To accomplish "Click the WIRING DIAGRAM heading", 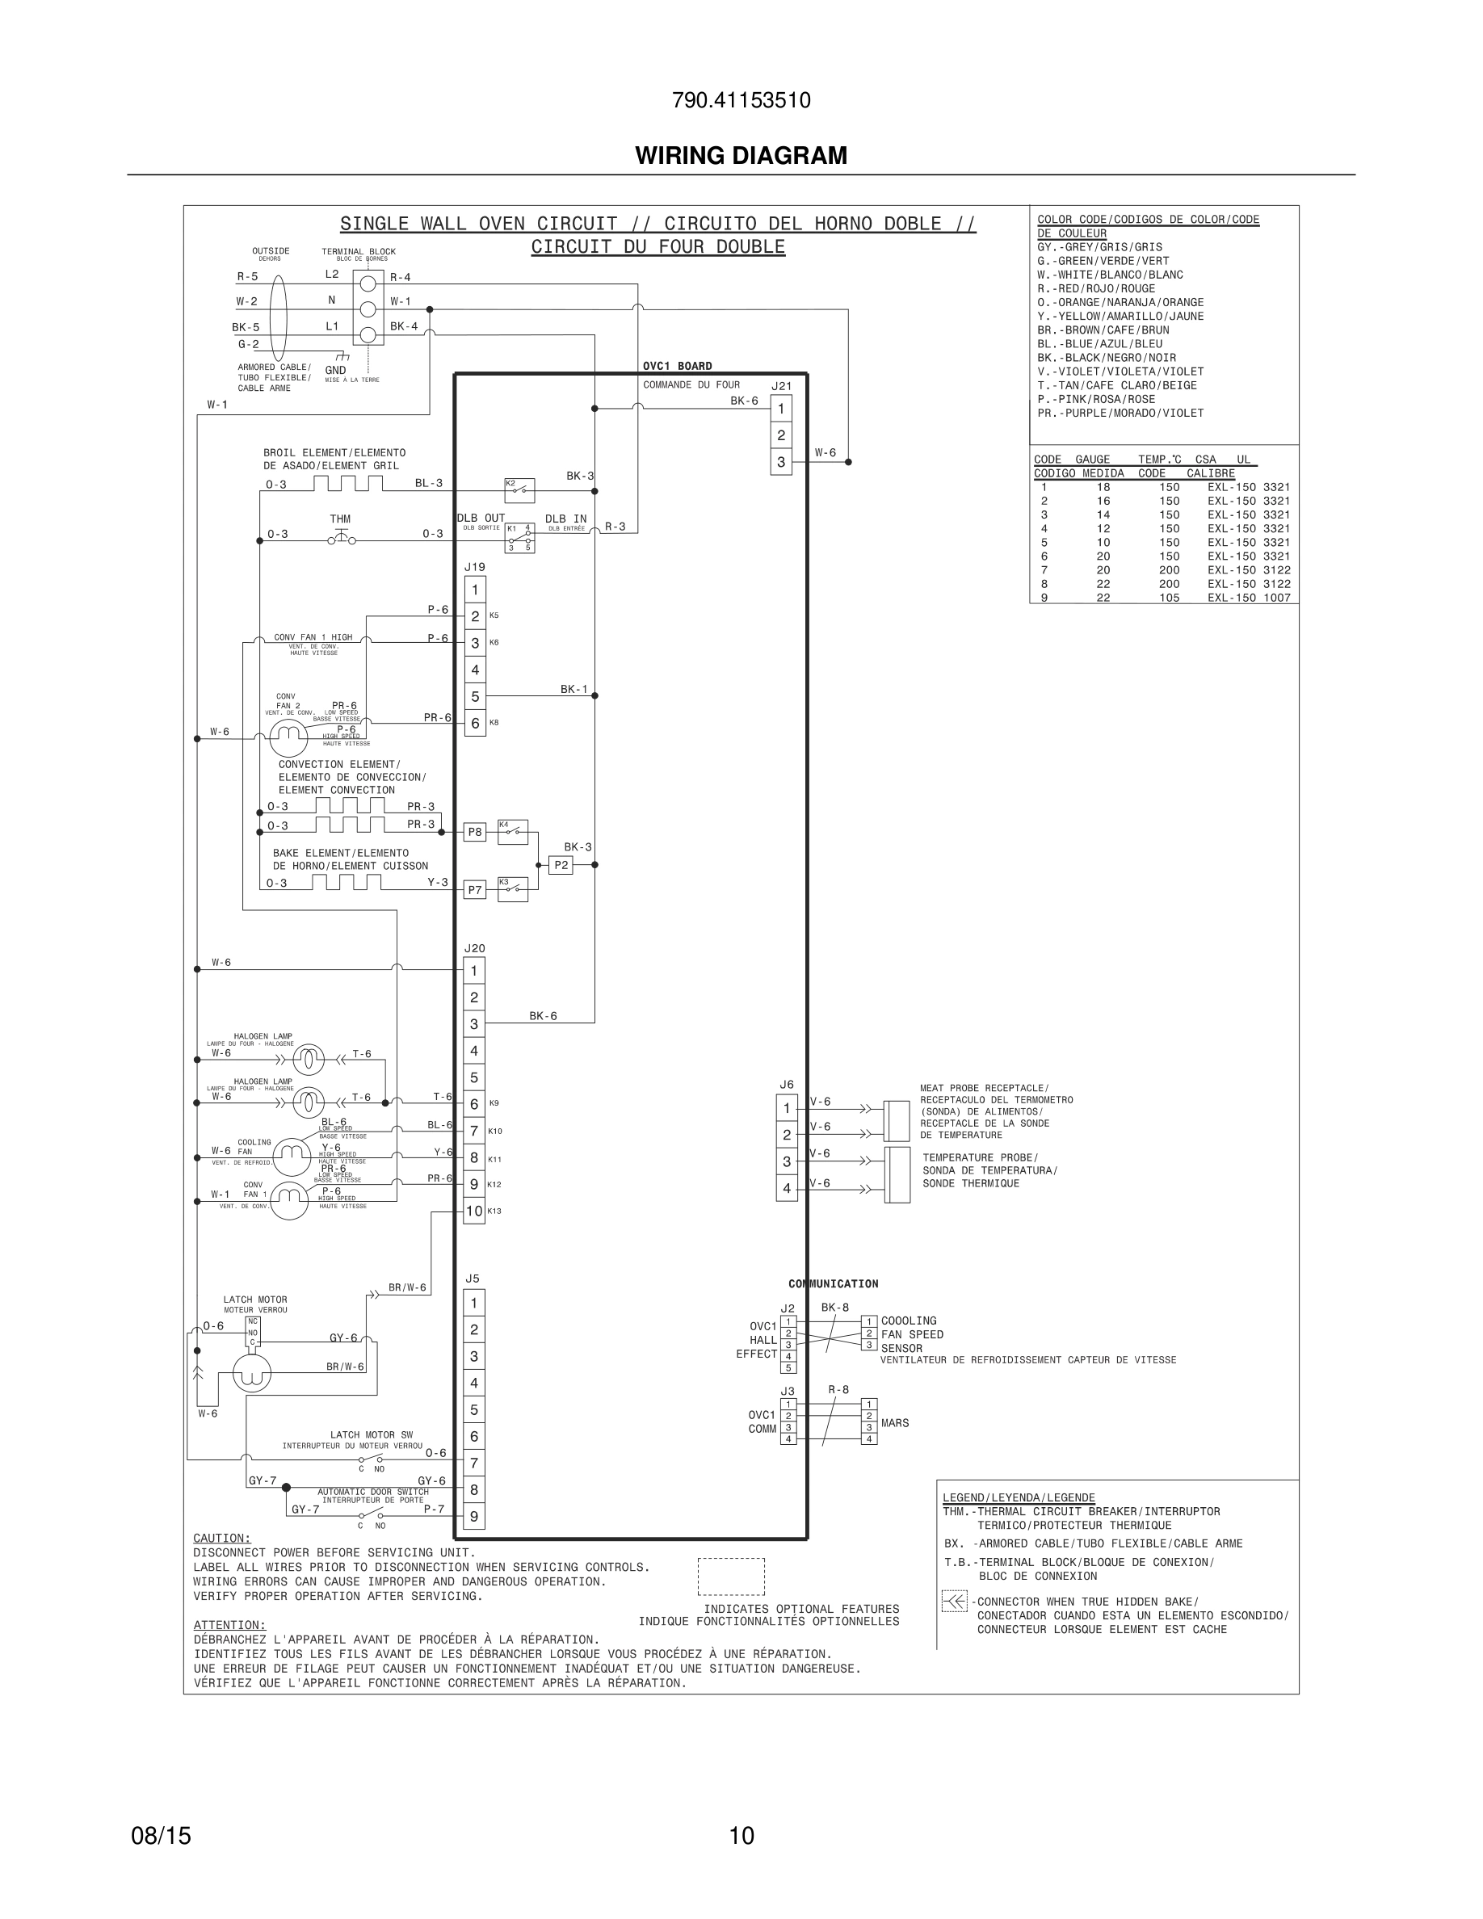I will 741,156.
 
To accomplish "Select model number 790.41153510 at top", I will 741,101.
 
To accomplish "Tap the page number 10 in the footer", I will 741,1836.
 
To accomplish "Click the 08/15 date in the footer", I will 161,1836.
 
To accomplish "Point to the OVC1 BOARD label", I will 678,367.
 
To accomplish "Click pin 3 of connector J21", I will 781,462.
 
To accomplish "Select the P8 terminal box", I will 474,832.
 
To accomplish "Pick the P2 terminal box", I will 561,866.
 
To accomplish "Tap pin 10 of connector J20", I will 474,1211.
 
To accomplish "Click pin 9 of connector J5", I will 474,1517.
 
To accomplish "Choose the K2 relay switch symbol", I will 519,488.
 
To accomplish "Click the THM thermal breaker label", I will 340,519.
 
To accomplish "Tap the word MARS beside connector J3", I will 894,1423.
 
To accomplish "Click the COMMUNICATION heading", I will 833,1283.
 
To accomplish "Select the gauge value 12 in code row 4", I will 1103,529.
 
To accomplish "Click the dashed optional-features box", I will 731,1577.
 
